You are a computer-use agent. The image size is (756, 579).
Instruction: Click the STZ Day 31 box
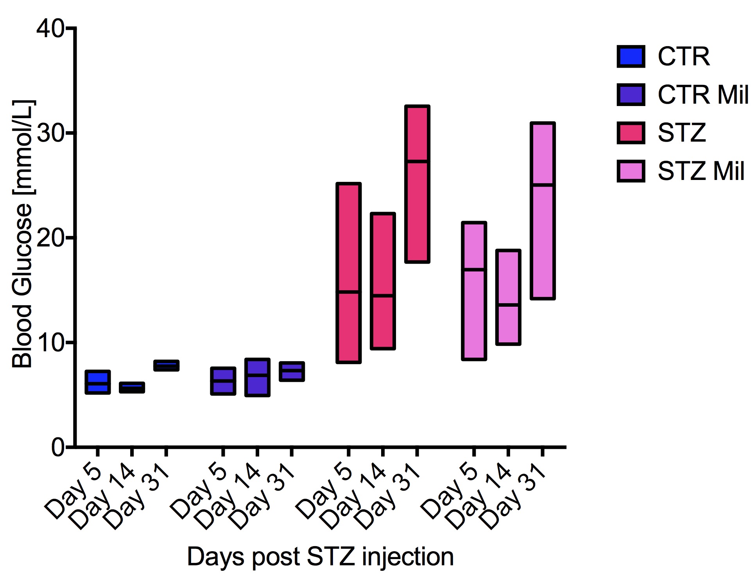pyautogui.click(x=417, y=184)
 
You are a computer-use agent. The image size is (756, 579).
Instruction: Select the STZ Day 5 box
pyautogui.click(x=348, y=273)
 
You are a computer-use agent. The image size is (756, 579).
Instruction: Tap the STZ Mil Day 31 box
pyautogui.click(x=543, y=211)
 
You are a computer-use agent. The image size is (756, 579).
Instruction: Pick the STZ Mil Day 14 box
pyautogui.click(x=508, y=297)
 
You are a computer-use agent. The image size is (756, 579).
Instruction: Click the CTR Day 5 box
pyautogui.click(x=98, y=382)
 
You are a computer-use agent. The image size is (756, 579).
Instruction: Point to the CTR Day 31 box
pyautogui.click(x=166, y=365)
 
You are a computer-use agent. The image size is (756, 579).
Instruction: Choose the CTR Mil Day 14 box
pyautogui.click(x=257, y=378)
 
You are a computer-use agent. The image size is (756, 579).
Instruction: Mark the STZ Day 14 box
pyautogui.click(x=383, y=281)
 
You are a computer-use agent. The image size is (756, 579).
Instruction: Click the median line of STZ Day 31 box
pyautogui.click(x=417, y=161)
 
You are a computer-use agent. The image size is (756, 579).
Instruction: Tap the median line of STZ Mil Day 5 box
pyautogui.click(x=474, y=270)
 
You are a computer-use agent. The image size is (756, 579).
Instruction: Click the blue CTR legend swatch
pyautogui.click(x=631, y=57)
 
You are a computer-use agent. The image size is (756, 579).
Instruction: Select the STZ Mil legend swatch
pyautogui.click(x=631, y=171)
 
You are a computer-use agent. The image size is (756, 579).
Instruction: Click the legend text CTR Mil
pyautogui.click(x=703, y=95)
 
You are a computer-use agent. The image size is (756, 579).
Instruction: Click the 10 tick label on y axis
pyautogui.click(x=50, y=343)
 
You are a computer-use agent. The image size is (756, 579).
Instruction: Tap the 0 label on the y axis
pyautogui.click(x=57, y=447)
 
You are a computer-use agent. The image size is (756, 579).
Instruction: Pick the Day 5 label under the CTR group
pyautogui.click(x=74, y=491)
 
